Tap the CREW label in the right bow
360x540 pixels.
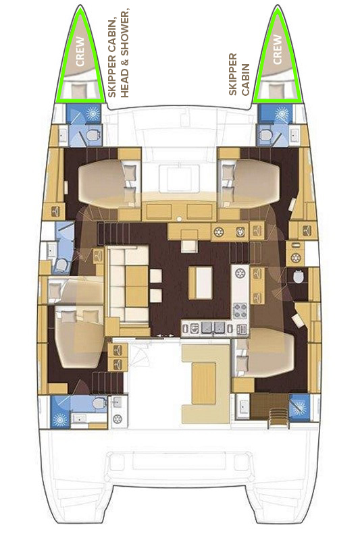279,51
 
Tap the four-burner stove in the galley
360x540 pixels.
241,311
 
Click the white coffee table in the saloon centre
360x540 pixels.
199,282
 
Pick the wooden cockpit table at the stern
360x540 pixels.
201,381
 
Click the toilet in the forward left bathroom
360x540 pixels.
93,137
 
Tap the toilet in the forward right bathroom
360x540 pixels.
267,137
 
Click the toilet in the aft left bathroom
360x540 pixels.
99,404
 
